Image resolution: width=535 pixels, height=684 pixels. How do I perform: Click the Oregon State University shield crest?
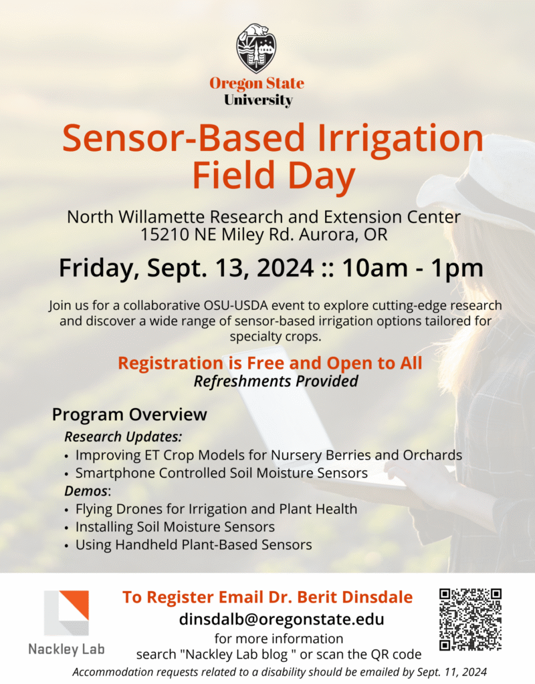coord(256,48)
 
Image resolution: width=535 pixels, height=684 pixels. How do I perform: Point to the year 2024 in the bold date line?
coord(285,267)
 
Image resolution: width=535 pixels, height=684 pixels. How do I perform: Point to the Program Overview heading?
coord(129,414)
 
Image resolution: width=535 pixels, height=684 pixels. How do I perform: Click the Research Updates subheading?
coord(123,437)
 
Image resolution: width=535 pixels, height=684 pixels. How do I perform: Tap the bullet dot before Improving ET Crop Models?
coord(66,456)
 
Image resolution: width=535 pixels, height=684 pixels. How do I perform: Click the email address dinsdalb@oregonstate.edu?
coord(282,619)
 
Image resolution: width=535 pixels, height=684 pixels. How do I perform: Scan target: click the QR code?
coord(470,619)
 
